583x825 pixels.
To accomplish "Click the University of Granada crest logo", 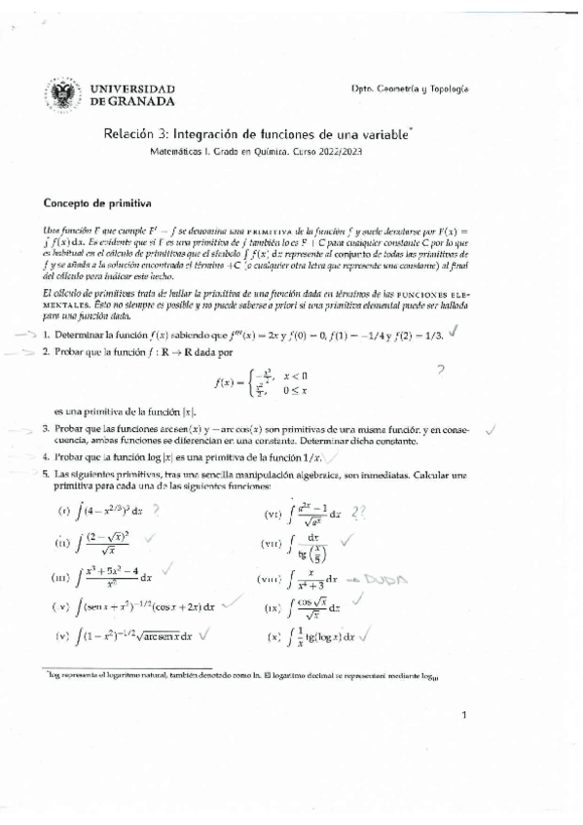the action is (x=63, y=94).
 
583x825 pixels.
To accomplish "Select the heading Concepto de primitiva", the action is (x=93, y=204).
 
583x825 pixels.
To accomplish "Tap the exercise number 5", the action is (x=45, y=474).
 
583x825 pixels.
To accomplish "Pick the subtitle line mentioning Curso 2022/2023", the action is (x=256, y=154).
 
